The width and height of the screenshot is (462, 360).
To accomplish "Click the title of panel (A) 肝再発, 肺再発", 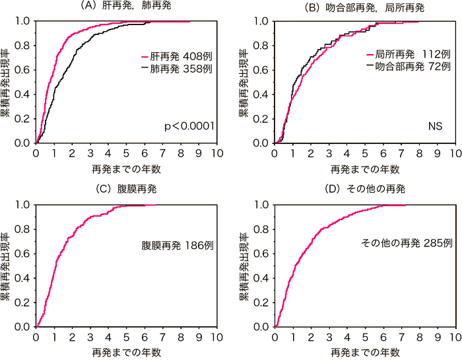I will (x=127, y=7).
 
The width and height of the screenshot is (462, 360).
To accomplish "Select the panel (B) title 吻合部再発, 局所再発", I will (x=365, y=7).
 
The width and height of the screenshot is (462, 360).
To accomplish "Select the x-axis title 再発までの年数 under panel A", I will (x=127, y=168).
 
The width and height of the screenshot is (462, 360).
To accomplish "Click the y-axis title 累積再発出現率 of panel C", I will (x=6, y=266).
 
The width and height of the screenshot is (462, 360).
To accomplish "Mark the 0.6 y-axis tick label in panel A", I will (x=24, y=69).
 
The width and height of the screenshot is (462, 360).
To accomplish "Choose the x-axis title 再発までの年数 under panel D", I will (x=365, y=352).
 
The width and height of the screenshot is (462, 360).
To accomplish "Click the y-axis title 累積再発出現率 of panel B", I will (x=244, y=82).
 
